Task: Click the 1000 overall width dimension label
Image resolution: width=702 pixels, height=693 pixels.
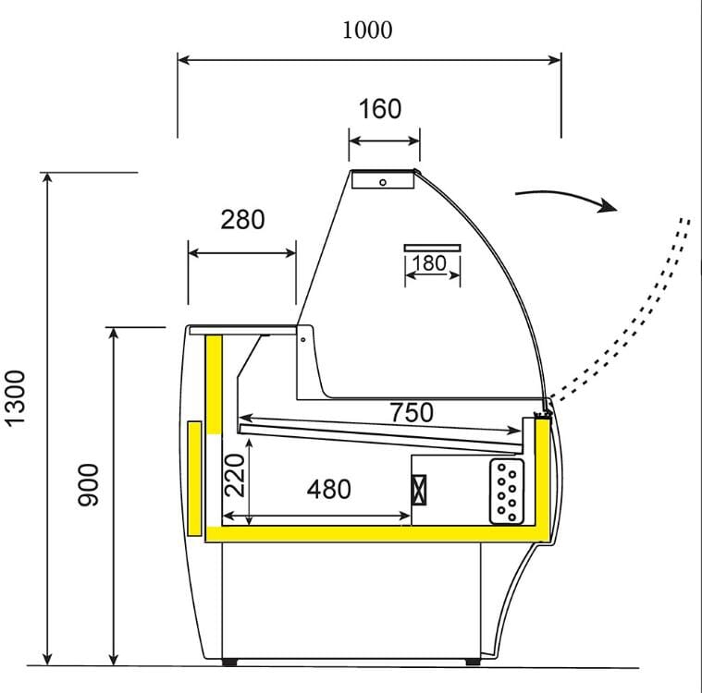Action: [367, 30]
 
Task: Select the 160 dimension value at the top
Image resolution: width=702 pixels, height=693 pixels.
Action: [380, 109]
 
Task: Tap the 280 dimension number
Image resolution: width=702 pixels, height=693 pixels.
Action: [242, 219]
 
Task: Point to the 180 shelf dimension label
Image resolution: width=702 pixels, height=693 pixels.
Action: [429, 263]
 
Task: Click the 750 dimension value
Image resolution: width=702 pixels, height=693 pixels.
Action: [412, 412]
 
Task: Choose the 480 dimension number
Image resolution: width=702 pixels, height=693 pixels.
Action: [329, 489]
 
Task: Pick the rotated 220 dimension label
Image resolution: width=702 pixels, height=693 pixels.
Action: [235, 475]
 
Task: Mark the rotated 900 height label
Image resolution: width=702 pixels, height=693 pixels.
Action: [88, 485]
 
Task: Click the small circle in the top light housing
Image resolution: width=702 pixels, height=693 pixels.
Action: [383, 182]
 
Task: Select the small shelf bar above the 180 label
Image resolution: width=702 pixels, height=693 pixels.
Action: [432, 248]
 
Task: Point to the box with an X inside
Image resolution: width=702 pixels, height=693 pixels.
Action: [419, 490]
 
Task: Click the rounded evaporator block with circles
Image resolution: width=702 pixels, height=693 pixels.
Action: [507, 492]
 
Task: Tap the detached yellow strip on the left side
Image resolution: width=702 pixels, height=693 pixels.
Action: [195, 479]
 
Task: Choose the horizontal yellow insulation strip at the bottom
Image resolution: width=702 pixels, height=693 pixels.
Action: [377, 534]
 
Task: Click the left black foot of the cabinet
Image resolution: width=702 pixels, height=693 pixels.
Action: [229, 662]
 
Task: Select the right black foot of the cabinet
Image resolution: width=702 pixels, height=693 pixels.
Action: [473, 662]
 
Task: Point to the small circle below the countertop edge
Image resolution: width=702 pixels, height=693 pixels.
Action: [303, 339]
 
